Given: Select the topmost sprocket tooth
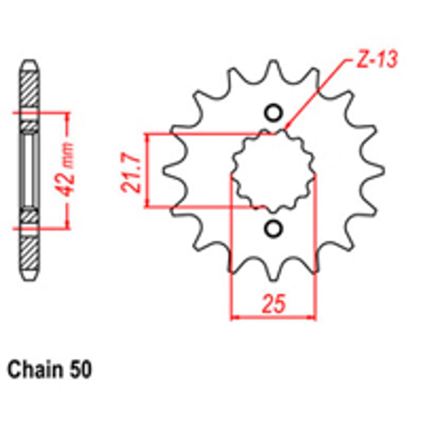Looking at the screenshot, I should click(x=274, y=68).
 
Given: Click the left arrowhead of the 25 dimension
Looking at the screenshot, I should click(x=234, y=316).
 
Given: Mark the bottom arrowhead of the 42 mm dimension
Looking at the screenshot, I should click(x=66, y=224).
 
